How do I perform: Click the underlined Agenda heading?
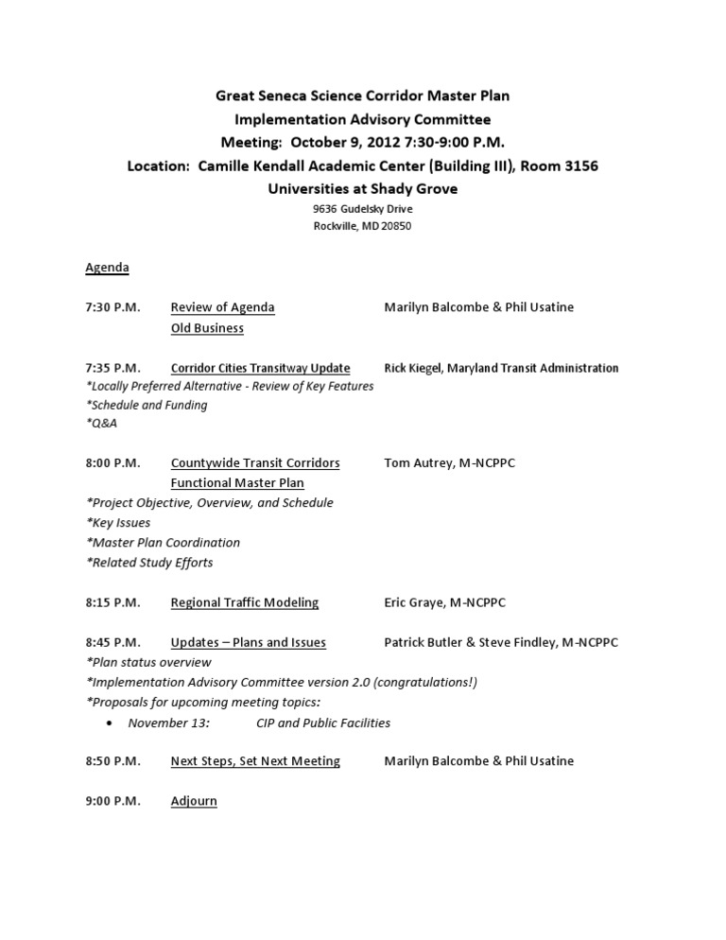point(107,268)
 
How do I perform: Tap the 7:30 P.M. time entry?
point(112,307)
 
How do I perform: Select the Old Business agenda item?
point(207,328)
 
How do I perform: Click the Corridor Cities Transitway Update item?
point(260,368)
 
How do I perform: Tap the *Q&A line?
point(101,424)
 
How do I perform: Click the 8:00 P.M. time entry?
point(112,463)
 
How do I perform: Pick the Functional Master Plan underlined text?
point(237,483)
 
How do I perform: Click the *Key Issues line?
point(118,522)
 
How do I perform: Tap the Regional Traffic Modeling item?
point(244,602)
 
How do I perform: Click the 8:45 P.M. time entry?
point(112,642)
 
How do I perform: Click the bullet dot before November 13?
point(110,723)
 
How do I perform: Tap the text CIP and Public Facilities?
point(323,722)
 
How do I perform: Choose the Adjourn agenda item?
point(194,801)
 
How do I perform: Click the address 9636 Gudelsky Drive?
point(363,209)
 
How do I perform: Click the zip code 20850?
point(395,226)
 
